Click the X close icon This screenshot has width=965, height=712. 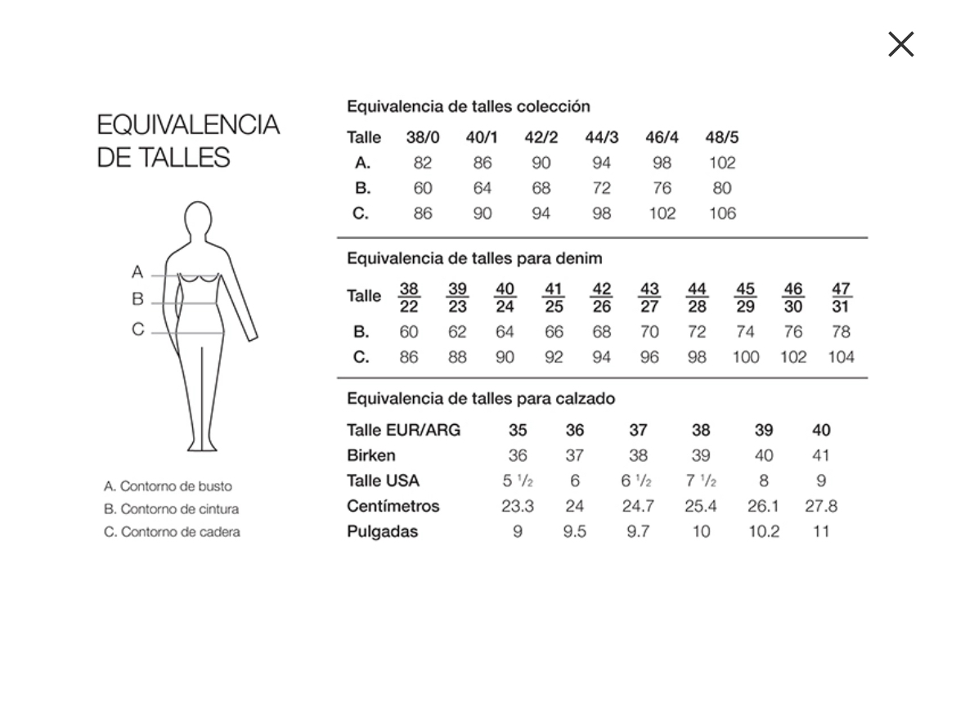900,44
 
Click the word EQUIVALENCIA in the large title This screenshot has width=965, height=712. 188,125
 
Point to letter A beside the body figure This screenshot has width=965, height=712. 137,272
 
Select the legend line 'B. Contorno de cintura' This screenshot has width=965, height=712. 172,509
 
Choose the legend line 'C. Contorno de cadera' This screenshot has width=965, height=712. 172,532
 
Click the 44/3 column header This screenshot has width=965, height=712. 602,137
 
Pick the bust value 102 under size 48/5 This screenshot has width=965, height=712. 721,163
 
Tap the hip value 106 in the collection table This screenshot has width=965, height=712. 721,213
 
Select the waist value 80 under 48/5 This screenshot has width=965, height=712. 721,188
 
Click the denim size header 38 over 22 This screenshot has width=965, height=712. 409,298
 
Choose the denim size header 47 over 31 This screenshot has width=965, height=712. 841,298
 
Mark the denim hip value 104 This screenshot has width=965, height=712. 841,357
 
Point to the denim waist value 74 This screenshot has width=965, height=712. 745,332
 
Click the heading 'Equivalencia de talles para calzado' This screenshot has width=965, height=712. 481,399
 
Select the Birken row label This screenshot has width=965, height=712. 370,455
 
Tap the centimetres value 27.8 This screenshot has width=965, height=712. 821,506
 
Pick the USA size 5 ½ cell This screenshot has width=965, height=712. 518,481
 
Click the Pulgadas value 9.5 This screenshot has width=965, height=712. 575,531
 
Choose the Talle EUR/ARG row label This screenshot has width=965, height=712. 403,430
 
